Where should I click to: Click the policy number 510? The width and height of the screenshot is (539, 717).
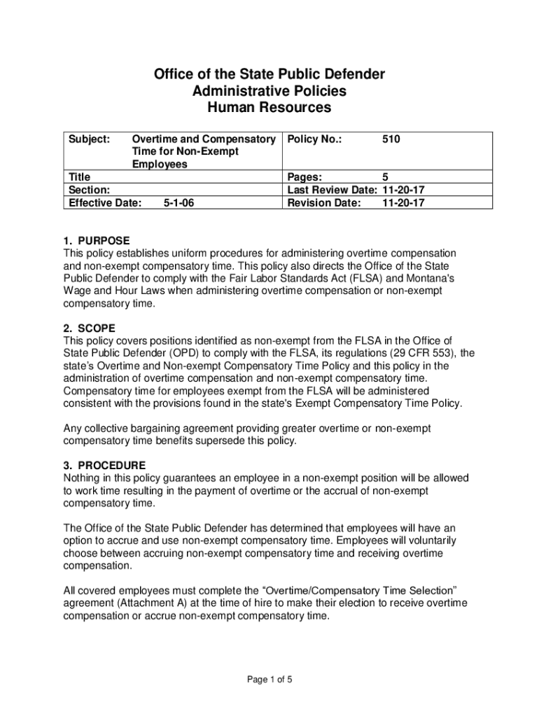click(391, 140)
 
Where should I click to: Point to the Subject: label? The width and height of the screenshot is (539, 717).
click(87, 140)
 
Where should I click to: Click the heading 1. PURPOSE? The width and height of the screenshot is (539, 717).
click(97, 241)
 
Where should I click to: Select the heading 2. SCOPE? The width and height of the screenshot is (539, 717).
click(90, 328)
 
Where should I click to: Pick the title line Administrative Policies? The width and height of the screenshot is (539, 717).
click(269, 91)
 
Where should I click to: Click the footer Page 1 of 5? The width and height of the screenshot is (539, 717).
click(269, 678)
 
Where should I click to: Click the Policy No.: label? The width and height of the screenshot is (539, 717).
click(315, 140)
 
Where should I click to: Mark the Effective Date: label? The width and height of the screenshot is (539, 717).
click(103, 203)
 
